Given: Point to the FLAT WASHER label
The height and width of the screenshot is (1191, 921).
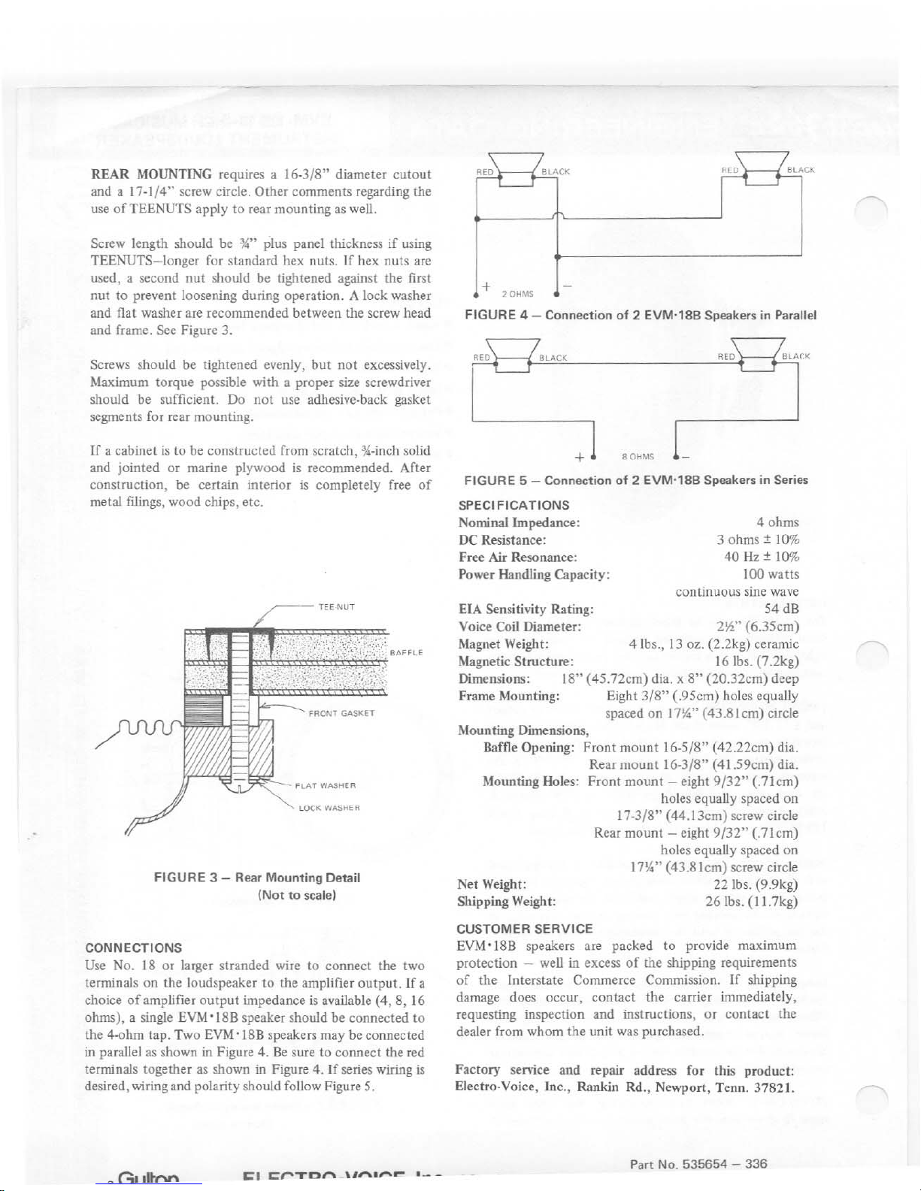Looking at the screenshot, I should tap(326, 786).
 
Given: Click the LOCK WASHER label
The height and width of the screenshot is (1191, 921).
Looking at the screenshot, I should tap(331, 809).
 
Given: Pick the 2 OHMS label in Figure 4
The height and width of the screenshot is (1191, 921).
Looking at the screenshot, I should tap(517, 294).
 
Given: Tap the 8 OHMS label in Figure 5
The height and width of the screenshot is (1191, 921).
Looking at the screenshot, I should tap(639, 457).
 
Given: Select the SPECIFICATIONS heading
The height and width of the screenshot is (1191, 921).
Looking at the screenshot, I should tap(514, 505).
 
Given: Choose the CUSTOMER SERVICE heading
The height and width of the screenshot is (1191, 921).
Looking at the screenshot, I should tap(525, 929).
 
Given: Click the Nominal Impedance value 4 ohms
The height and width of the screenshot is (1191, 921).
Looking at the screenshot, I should tap(777, 522).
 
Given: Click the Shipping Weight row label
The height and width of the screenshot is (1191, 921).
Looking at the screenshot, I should tap(507, 901).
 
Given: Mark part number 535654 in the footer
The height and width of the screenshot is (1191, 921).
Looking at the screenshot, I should tap(703, 1164).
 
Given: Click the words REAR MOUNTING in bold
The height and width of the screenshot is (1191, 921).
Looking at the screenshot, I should tap(150, 174).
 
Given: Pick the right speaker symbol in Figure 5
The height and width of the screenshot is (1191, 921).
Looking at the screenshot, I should tap(761, 355).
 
